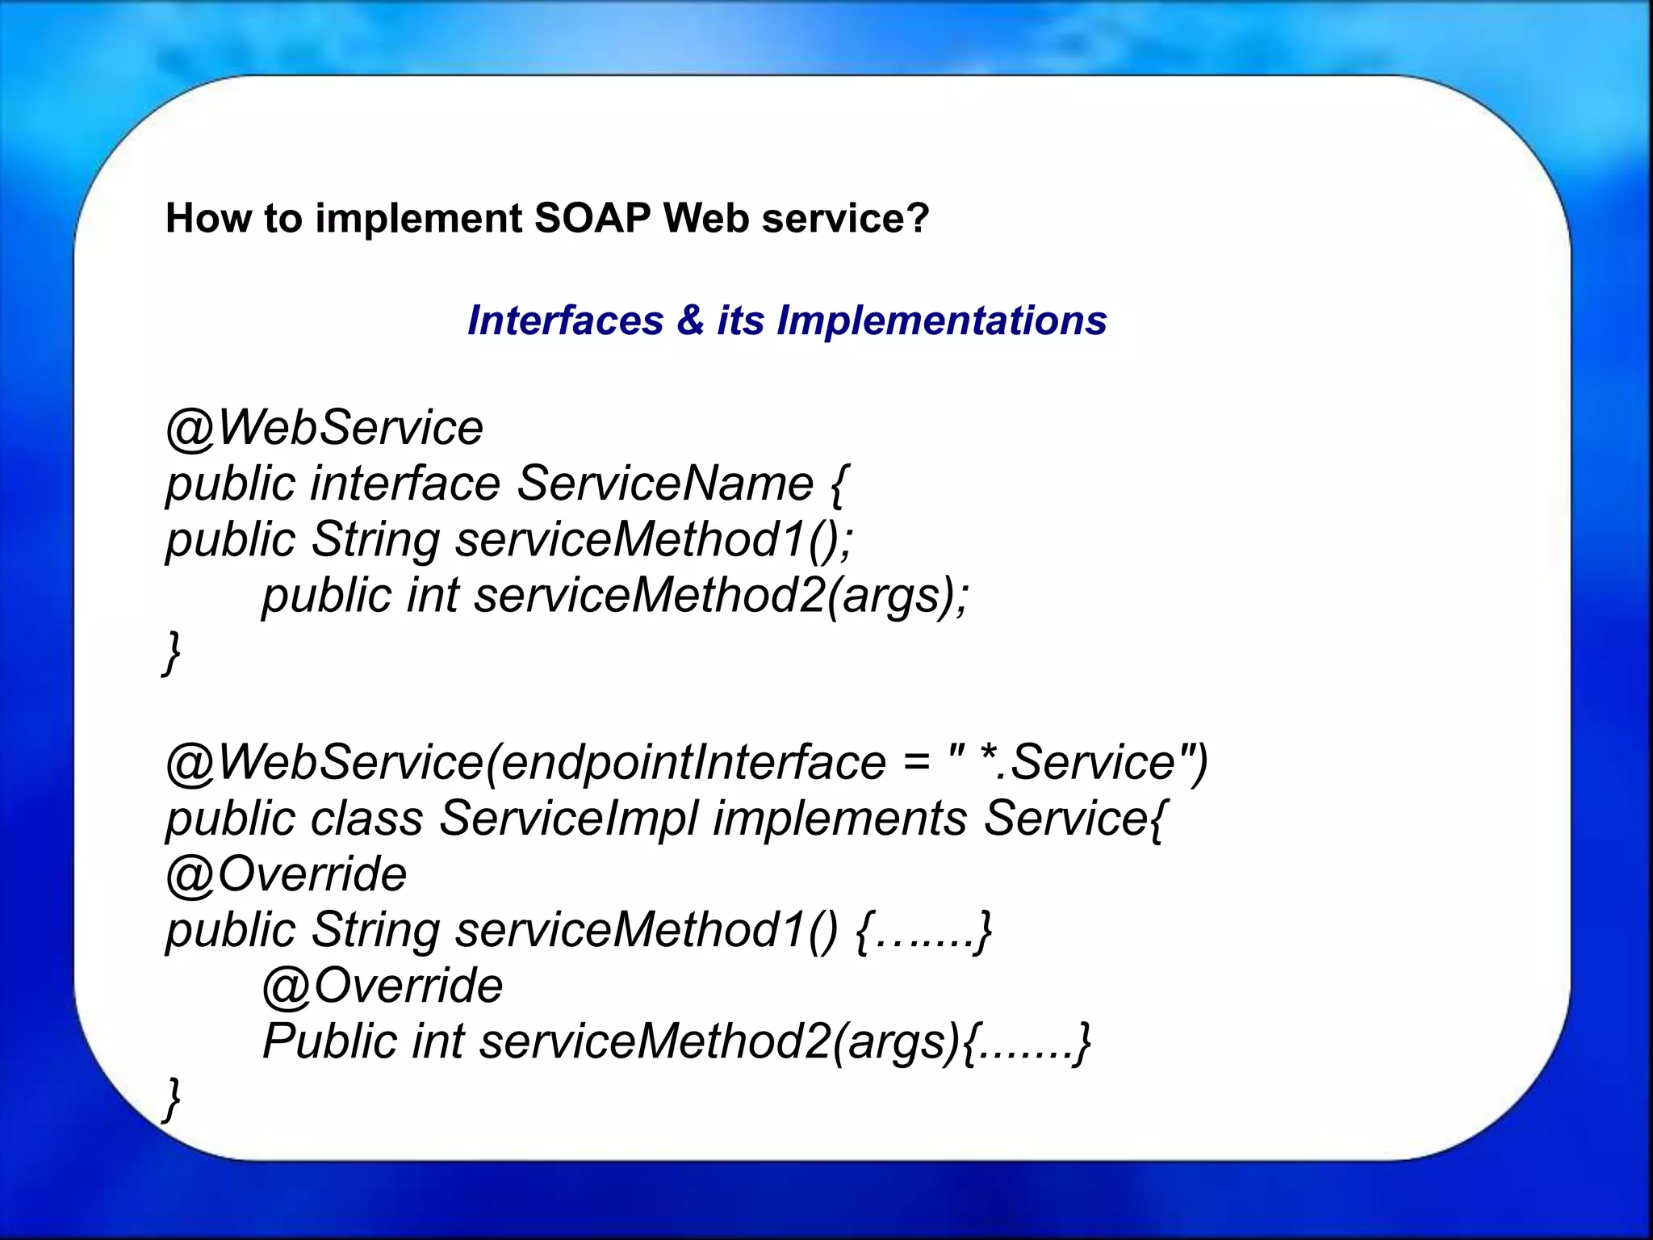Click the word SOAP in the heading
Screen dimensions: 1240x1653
click(592, 218)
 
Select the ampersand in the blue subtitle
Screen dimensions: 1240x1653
click(690, 320)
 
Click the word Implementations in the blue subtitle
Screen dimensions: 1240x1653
click(941, 321)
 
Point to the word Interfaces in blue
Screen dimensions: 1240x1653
click(565, 320)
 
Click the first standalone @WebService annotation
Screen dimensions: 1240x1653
click(324, 427)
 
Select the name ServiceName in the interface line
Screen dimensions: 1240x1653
click(664, 484)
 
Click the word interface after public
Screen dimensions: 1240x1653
click(405, 484)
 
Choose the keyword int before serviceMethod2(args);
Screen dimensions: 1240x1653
click(433, 596)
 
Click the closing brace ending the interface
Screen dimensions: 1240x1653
click(171, 652)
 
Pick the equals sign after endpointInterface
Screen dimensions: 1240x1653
click(916, 762)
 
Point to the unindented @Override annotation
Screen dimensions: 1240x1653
click(287, 874)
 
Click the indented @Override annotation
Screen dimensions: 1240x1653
click(383, 986)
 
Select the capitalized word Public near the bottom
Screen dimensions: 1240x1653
click(330, 1041)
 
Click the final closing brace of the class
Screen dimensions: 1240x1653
click(171, 1098)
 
